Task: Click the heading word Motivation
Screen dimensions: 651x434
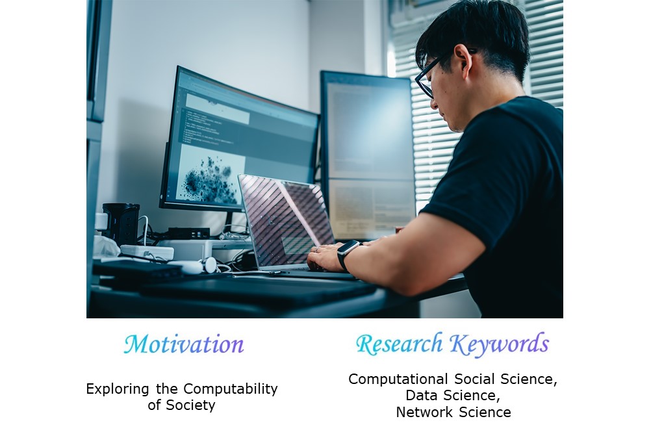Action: point(183,344)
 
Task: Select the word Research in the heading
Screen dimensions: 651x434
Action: point(399,344)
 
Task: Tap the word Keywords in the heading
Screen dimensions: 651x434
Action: point(500,344)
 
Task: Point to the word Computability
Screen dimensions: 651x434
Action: point(231,390)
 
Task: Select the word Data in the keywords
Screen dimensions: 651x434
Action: point(420,396)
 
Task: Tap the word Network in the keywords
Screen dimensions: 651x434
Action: point(425,413)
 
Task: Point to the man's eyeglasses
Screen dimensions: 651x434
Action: point(434,74)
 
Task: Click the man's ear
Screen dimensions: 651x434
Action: point(461,62)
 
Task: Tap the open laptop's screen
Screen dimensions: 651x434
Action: point(287,220)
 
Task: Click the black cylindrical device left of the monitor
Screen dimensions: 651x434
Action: point(121,223)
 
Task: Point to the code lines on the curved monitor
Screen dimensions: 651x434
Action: point(206,127)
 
